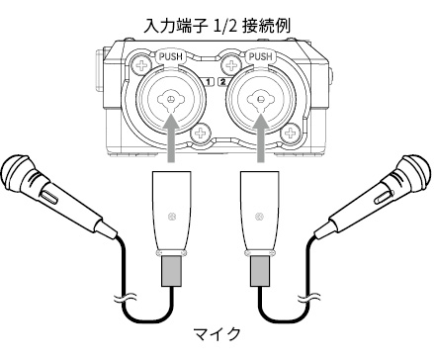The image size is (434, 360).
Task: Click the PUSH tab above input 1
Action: [170, 56]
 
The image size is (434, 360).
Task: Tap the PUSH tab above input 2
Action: [260, 56]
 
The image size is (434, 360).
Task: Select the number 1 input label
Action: [209, 81]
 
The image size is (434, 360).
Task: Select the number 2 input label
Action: [223, 81]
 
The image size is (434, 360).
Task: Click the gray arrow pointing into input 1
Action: [171, 137]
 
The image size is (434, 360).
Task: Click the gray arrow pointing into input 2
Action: [261, 137]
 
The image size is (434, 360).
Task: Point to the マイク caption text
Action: [217, 334]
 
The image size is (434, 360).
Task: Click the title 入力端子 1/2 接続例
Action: [217, 26]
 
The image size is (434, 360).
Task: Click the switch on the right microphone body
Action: [383, 196]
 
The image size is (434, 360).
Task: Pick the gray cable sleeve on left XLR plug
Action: [171, 271]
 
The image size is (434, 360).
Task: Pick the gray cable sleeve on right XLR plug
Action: [260, 271]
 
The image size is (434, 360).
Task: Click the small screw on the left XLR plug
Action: [171, 217]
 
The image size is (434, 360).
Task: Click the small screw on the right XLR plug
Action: [260, 217]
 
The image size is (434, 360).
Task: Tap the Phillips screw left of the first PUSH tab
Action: [142, 66]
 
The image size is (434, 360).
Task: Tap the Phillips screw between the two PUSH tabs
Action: [231, 65]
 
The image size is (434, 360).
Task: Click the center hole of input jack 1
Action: [171, 99]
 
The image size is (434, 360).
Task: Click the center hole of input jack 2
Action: [261, 99]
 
